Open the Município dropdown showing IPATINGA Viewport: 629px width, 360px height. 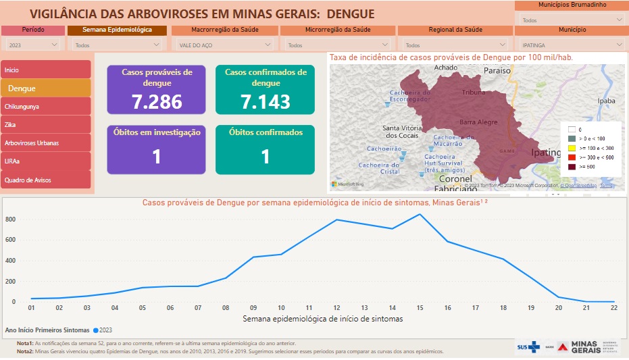coord(570,45)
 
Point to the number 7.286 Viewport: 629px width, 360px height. coord(157,102)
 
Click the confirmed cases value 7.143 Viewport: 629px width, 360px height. coord(266,102)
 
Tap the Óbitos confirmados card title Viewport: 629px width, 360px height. coord(266,132)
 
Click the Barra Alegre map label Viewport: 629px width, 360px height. coord(478,122)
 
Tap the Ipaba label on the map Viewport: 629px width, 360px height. coord(607,101)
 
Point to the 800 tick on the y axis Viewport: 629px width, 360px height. coord(10,220)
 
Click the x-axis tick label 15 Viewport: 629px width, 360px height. coord(420,309)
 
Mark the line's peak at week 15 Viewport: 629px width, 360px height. coord(420,214)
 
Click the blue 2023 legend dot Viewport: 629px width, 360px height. coord(96,330)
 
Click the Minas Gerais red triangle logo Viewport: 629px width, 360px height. coord(562,346)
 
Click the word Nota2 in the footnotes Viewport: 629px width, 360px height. coord(25,351)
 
